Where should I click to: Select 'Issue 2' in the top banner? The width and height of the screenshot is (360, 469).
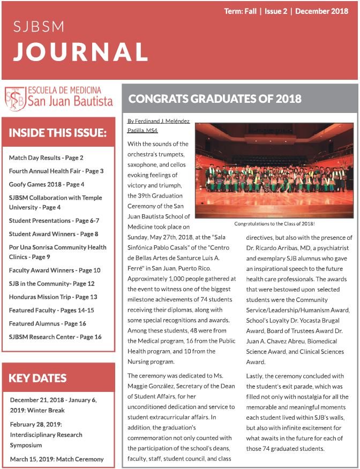[x=276, y=11]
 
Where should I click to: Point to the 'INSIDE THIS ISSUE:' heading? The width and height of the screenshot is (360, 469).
[x=58, y=132]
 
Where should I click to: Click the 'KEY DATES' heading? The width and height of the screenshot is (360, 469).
[x=37, y=378]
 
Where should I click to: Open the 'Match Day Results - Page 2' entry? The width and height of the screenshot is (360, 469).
[x=46, y=158]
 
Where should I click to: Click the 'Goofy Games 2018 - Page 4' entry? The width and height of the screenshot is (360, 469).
[x=47, y=184]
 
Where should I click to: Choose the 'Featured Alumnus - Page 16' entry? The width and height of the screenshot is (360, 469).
[x=47, y=323]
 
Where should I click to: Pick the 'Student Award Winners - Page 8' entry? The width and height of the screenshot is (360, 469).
[x=54, y=234]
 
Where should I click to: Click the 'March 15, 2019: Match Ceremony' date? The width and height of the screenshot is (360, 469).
[x=57, y=459]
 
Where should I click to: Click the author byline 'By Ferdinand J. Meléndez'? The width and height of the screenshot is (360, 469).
[x=159, y=121]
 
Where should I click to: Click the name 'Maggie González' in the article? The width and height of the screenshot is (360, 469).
[x=153, y=387]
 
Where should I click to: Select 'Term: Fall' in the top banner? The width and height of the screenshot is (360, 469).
[x=240, y=11]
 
